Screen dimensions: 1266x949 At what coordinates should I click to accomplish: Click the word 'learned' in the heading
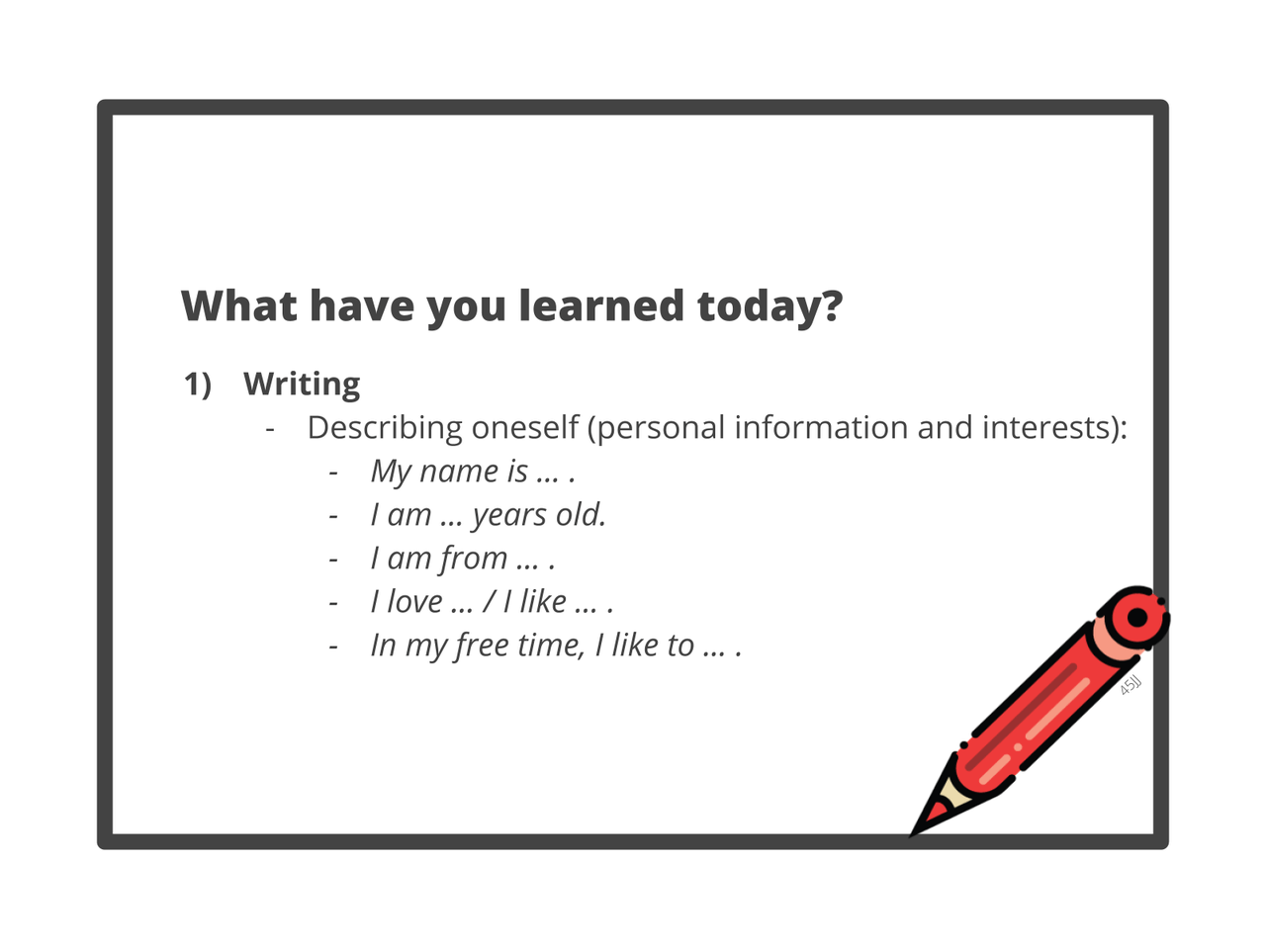(x=601, y=305)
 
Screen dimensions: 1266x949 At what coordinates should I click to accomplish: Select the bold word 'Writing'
(x=302, y=385)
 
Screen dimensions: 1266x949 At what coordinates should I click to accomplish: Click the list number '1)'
(x=198, y=385)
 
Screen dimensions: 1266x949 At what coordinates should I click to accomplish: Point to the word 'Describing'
(x=385, y=428)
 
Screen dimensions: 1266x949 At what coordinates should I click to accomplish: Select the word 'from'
(x=474, y=559)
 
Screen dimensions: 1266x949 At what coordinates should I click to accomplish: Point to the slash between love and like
(x=490, y=602)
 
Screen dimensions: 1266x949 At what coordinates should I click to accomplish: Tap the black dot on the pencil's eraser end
(x=1137, y=617)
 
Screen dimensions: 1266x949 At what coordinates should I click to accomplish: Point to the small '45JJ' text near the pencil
(x=1130, y=685)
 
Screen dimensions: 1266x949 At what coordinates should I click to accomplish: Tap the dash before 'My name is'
(x=332, y=474)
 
